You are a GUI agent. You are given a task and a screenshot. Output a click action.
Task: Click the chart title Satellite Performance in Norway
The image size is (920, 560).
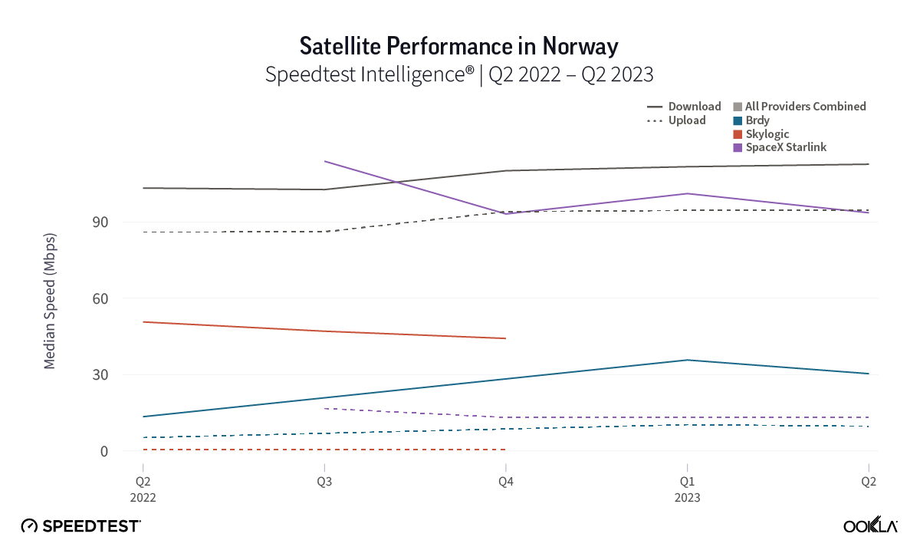[x=459, y=46]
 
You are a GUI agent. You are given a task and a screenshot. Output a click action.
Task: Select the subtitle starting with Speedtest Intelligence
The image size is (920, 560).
[x=459, y=74]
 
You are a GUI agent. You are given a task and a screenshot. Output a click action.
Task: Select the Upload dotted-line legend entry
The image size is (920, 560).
[x=676, y=120]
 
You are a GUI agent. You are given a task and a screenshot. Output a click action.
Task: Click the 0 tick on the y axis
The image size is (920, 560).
[x=126, y=452]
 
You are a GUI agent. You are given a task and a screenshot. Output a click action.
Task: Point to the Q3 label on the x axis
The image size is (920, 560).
[x=325, y=481]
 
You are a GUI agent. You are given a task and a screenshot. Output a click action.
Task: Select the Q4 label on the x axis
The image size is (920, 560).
[x=505, y=481]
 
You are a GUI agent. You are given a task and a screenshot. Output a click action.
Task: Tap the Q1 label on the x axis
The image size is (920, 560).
[x=687, y=481]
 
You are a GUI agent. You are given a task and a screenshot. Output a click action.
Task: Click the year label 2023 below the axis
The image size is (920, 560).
[x=687, y=497]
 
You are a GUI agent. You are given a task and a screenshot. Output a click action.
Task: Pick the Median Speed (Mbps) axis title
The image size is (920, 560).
[x=50, y=307]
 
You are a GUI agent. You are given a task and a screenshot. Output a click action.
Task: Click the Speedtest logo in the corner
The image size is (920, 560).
[x=80, y=526]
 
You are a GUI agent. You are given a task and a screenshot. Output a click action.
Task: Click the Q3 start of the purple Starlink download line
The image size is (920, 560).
[x=326, y=161]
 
